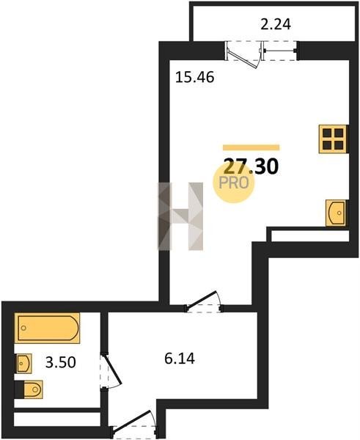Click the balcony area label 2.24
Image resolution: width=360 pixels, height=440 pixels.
[x=276, y=24]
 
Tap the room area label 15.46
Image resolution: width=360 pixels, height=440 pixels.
[x=195, y=77]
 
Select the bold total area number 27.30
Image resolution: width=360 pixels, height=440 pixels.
[x=251, y=166]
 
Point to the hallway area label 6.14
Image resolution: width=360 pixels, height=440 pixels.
[x=180, y=359]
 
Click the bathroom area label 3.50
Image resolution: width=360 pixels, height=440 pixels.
[x=61, y=362]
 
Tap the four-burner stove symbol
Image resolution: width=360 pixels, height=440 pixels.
[x=333, y=139]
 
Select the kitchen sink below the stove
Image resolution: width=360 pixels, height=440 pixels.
[x=336, y=213]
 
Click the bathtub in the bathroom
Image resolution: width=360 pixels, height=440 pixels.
[x=47, y=328]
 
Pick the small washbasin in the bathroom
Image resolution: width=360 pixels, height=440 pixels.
[x=23, y=364]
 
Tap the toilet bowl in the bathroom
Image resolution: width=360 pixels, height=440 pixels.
[x=33, y=389]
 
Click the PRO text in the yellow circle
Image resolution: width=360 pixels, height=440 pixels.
[x=233, y=183]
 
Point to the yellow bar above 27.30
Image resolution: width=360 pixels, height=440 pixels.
[x=251, y=147]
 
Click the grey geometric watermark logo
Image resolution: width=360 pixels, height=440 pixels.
[x=180, y=216]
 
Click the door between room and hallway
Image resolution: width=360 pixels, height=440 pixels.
[x=203, y=302]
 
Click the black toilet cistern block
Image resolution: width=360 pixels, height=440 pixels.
[x=19, y=389]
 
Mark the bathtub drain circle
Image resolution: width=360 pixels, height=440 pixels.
[x=23, y=328]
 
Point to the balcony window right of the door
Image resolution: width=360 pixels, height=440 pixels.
[x=280, y=51]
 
